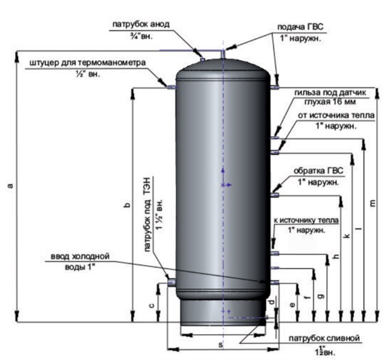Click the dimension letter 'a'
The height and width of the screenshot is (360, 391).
pyautogui.click(x=10, y=187)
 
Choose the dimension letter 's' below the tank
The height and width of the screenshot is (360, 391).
pyautogui.click(x=220, y=345)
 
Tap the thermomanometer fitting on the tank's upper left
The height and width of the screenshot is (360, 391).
pyautogui.click(x=171, y=88)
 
